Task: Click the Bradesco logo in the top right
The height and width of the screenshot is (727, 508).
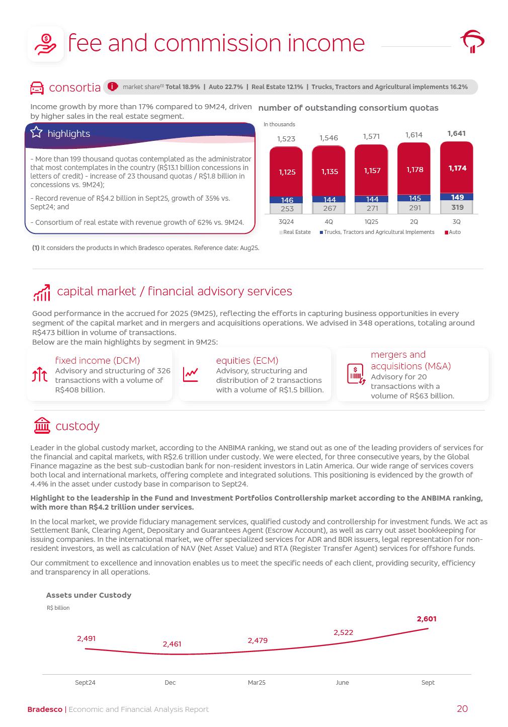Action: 472,42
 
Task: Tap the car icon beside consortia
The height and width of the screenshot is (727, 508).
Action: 37,88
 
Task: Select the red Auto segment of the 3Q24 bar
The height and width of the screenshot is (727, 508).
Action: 286,172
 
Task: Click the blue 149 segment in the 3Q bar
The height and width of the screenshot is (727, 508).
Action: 457,197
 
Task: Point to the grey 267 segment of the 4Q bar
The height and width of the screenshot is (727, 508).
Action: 329,208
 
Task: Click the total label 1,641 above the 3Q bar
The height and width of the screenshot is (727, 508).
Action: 456,133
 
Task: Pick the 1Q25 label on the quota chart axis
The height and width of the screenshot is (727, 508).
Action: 371,222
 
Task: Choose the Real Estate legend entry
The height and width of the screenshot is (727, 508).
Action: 295,232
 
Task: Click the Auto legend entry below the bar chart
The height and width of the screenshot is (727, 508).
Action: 452,232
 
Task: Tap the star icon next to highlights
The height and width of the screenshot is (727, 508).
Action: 37,132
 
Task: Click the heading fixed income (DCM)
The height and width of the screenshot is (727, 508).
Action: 97,360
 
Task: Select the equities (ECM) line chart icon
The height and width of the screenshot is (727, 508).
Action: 191,374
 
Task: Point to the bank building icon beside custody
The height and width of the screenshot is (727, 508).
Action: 42,426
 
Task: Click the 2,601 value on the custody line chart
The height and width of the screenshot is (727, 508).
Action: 427,619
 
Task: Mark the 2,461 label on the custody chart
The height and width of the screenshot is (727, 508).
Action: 172,644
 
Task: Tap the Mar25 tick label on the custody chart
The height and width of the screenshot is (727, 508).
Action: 257,683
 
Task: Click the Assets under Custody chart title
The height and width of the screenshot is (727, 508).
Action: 89,595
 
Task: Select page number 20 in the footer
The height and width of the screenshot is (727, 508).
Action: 462,709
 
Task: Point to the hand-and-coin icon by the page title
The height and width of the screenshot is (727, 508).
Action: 45,44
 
